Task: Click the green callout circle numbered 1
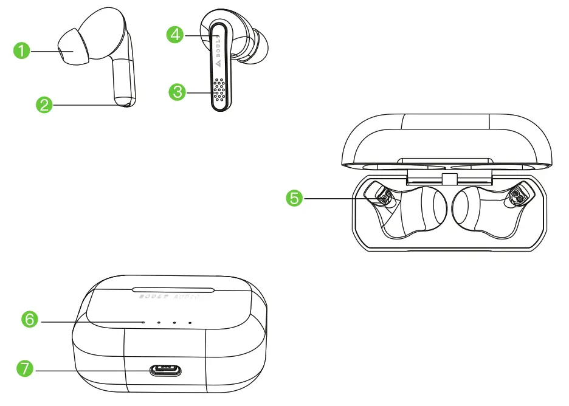pos(22,52)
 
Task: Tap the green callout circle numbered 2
pos(44,105)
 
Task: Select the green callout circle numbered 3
pos(177,92)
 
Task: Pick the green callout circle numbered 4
pos(175,35)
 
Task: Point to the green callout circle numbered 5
pos(295,198)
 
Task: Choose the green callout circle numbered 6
pos(30,319)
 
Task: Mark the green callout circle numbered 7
pos(24,368)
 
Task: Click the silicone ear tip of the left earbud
pos(72,46)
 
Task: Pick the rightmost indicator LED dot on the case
pos(190,323)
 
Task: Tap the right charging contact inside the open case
pos(517,196)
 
